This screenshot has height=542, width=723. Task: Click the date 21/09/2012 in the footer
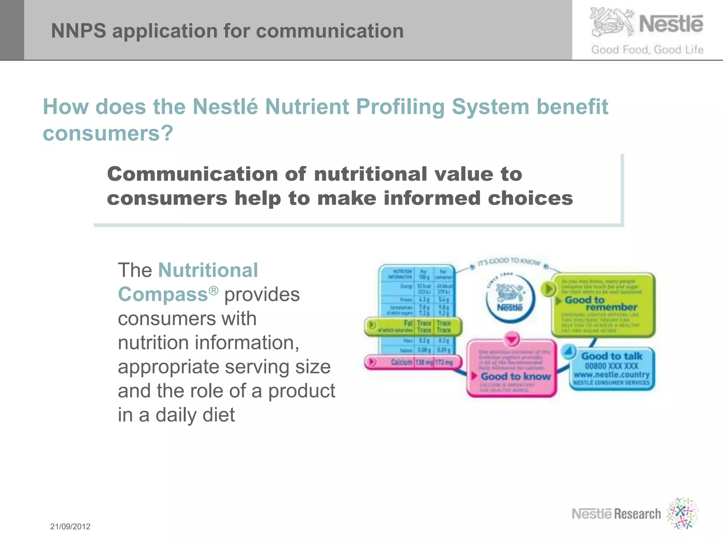click(x=70, y=526)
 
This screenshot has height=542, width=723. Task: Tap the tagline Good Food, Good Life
click(x=647, y=50)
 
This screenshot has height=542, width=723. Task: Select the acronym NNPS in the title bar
click(x=78, y=31)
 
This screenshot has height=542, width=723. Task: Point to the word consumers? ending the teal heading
click(x=108, y=133)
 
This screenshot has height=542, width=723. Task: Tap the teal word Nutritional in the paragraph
click(x=208, y=270)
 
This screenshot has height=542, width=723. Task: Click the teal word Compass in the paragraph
click(x=163, y=294)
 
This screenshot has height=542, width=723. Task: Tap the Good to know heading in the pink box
click(x=515, y=377)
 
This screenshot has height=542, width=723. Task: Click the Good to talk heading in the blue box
click(x=612, y=356)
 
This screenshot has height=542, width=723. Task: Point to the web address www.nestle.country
click(x=611, y=374)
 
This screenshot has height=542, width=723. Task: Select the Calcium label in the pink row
click(x=401, y=362)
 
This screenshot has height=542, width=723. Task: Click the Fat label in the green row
click(x=408, y=323)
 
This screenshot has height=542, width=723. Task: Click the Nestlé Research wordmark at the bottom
click(x=616, y=514)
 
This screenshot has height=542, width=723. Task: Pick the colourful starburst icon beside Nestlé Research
click(x=682, y=513)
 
